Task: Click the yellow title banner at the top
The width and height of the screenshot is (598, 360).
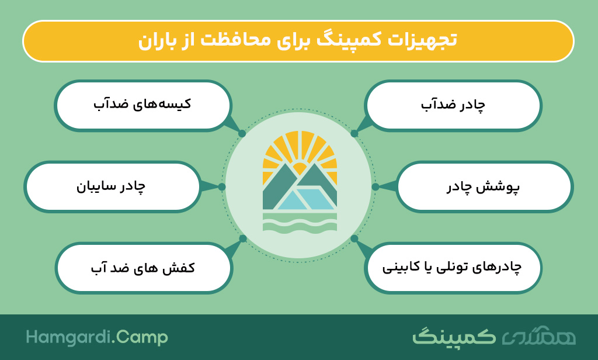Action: point(298,41)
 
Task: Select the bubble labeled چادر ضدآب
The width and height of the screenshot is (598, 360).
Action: point(453,105)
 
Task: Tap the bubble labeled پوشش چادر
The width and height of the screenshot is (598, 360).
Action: point(484,186)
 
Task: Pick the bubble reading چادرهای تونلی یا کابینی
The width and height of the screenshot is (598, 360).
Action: point(453,268)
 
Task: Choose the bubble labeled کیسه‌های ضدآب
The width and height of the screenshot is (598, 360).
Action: point(143,105)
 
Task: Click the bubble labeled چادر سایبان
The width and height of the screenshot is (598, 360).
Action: point(112,186)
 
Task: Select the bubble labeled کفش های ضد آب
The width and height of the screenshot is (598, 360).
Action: point(144,268)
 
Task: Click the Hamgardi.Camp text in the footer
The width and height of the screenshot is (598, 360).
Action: point(97,337)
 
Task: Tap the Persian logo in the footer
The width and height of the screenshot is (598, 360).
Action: point(494,336)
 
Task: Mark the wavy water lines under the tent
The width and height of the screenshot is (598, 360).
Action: point(300,222)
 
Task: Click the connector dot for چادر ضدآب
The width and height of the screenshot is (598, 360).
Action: point(354,134)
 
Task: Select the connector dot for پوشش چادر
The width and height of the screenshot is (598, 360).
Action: point(376,186)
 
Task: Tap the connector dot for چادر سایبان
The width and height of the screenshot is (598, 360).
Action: point(222,186)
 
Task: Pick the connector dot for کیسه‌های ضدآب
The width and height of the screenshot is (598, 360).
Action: point(242,134)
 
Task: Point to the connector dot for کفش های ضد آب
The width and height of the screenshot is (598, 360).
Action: point(243,238)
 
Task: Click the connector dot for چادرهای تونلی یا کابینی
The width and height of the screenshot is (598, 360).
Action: point(354,238)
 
